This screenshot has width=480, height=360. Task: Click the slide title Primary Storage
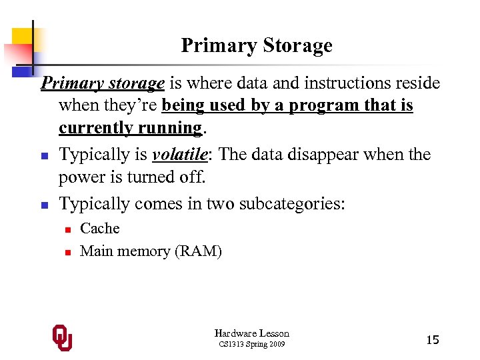pos(256,45)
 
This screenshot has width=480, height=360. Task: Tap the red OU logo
pos(63,338)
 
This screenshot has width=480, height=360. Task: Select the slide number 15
pos(432,340)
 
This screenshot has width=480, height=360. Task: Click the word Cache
pos(99,228)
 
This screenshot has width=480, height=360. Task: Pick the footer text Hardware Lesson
pos(251,333)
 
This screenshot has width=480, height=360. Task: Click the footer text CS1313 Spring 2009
pos(251,344)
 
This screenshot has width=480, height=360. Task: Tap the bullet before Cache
pos(67,229)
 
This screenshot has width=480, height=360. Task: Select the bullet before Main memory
pos(67,252)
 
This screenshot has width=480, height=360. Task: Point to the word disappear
pos(339,154)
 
